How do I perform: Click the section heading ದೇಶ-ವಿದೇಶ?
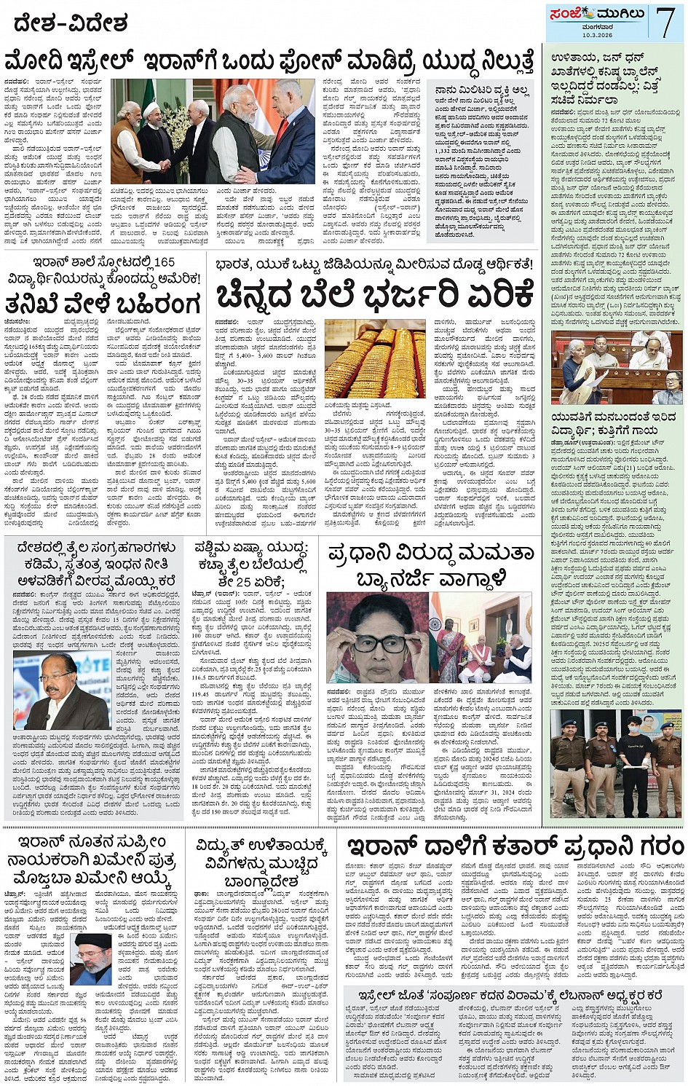tap(70, 23)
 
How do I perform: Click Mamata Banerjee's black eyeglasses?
tap(379, 644)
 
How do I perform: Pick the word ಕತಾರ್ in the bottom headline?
tap(515, 846)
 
